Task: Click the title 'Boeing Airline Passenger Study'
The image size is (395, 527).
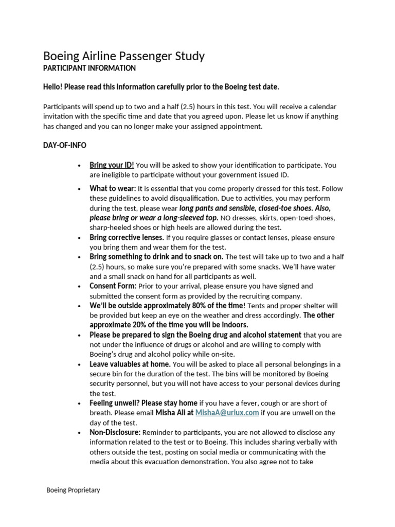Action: tap(123, 56)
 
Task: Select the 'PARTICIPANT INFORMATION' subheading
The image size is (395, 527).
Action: tap(89, 68)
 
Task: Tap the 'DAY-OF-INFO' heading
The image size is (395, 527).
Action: tap(64, 145)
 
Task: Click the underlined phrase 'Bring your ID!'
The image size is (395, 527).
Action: tap(112, 165)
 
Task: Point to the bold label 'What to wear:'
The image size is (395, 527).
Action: tap(113, 188)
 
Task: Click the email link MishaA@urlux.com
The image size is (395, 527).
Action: tap(227, 413)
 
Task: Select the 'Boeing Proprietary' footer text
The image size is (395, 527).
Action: tap(73, 490)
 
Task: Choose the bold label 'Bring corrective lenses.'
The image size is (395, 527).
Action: tap(127, 237)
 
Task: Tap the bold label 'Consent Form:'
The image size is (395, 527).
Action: tap(113, 286)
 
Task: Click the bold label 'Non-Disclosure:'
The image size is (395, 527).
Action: tap(115, 432)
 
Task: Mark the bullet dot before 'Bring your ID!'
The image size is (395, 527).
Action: tap(79, 166)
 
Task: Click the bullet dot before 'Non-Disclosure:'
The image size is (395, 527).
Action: tap(79, 433)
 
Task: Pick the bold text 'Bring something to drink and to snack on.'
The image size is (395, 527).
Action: tap(156, 256)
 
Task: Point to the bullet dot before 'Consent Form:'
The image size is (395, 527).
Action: tap(79, 286)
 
